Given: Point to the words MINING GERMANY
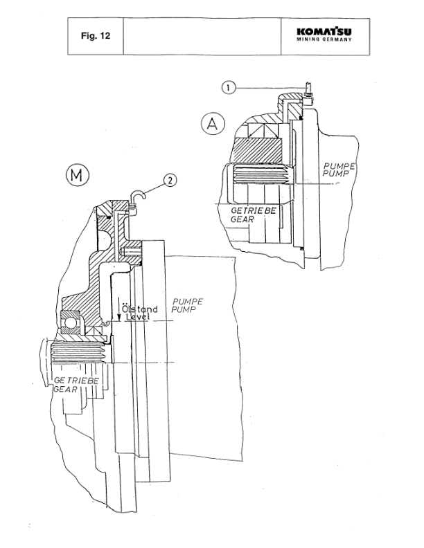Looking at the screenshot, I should [x=324, y=39].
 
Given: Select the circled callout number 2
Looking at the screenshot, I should [x=170, y=181].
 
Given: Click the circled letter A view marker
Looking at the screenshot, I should [x=212, y=124].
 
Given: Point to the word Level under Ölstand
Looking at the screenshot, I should [x=136, y=317].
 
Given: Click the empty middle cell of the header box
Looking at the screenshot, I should [x=202, y=34].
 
